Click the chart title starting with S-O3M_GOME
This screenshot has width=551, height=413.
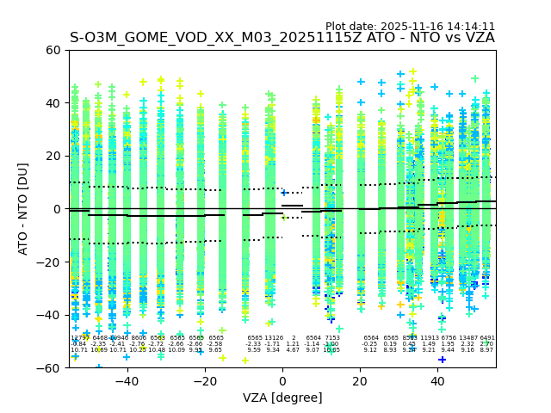(282, 38)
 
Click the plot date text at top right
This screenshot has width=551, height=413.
(410, 27)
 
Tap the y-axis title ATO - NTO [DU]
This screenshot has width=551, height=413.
(23, 209)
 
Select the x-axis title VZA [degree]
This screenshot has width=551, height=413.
(282, 398)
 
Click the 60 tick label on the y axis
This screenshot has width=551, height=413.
(52, 50)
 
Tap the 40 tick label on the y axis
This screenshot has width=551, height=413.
(52, 103)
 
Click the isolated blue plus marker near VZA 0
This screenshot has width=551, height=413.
(285, 194)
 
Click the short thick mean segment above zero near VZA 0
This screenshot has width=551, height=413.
(292, 206)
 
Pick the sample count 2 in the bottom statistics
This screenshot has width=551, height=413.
(293, 338)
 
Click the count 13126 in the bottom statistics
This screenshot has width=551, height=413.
(274, 338)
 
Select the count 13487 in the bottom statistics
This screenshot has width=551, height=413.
(467, 338)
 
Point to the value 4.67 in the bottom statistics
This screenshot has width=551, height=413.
(293, 350)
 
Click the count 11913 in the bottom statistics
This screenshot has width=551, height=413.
(430, 338)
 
